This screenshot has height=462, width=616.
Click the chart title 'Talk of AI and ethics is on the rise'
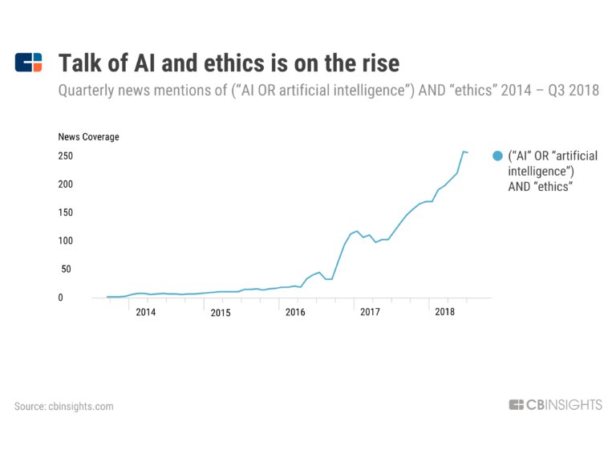tap(229, 63)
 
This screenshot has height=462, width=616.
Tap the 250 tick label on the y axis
tap(66, 156)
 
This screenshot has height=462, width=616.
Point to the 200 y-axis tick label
tap(66, 184)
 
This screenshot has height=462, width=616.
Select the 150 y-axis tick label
tap(66, 213)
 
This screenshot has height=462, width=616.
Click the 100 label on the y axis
tap(66, 241)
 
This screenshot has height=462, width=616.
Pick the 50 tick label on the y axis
tap(66, 269)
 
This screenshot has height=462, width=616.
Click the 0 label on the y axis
tap(60, 298)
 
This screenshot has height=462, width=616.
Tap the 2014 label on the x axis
tap(146, 312)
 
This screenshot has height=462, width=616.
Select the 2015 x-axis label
tap(221, 313)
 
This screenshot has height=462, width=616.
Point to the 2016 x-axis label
tap(295, 312)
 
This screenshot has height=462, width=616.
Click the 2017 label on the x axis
tap(370, 312)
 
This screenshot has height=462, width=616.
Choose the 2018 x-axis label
tap(444, 312)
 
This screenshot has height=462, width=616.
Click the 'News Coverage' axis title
tap(88, 136)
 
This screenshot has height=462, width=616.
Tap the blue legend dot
tap(498, 156)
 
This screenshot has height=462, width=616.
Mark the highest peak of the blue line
tap(464, 152)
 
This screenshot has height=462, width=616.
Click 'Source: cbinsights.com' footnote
tap(64, 406)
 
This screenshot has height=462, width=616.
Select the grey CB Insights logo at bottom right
tap(556, 404)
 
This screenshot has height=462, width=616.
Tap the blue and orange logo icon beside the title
tap(28, 62)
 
